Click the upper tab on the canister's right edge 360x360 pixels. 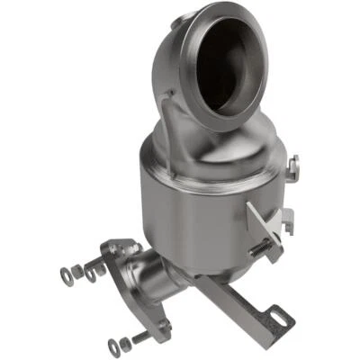tap(293, 164)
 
